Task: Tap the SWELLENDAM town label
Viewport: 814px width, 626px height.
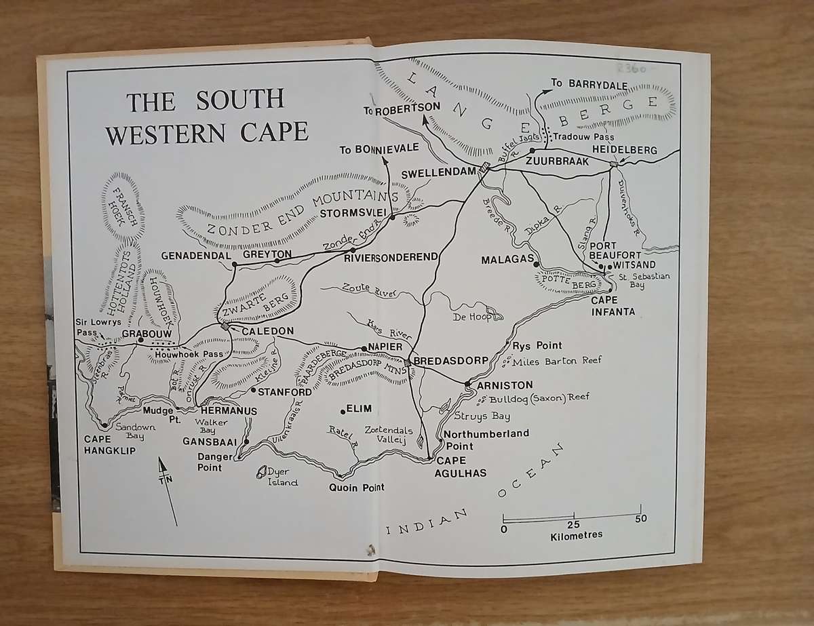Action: point(437,174)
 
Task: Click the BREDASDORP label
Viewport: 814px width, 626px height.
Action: point(450,360)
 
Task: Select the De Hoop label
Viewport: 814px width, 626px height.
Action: point(470,317)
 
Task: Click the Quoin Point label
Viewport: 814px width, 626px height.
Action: point(356,488)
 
